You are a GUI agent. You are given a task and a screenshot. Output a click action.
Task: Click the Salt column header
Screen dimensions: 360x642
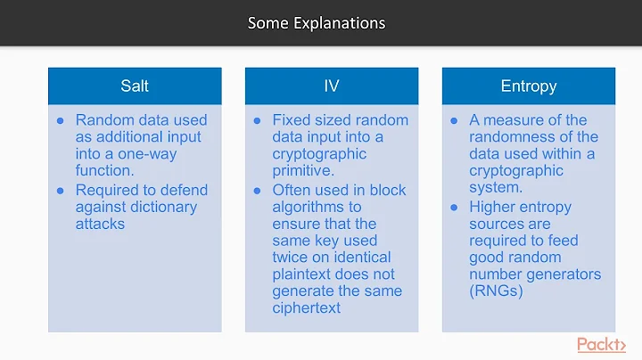[135, 86]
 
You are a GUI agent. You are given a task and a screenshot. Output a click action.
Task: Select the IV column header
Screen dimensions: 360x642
[332, 86]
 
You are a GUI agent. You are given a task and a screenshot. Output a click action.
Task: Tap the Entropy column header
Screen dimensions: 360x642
[529, 86]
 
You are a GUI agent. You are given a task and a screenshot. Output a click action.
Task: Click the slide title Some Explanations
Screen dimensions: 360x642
[317, 23]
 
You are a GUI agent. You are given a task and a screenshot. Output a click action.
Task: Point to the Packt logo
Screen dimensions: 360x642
[601, 345]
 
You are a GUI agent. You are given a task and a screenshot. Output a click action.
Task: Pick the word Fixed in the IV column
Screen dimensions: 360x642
[292, 119]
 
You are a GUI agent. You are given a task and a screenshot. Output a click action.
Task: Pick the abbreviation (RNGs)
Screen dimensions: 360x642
[497, 290]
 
